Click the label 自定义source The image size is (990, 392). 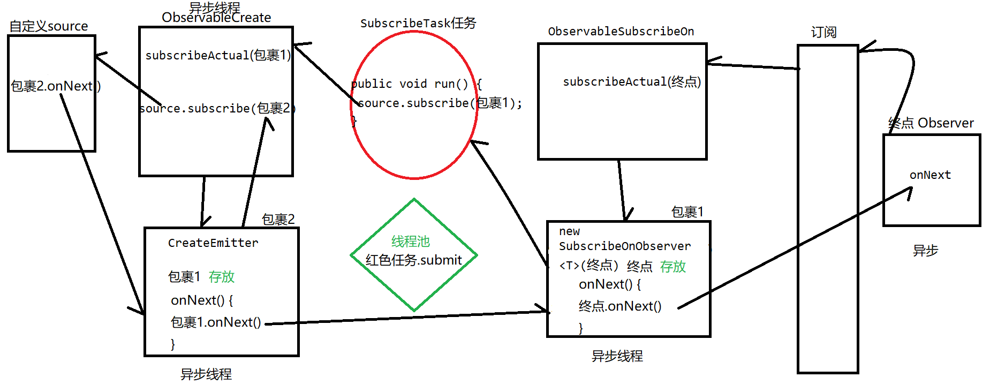pyautogui.click(x=49, y=26)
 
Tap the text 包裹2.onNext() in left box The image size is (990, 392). pyautogui.click(x=56, y=86)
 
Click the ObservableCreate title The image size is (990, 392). pyautogui.click(x=216, y=18)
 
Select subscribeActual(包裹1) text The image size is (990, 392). pyautogui.click(x=218, y=55)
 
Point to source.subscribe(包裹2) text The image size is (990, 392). pyautogui.click(x=217, y=108)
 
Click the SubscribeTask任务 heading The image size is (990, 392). pyautogui.click(x=418, y=23)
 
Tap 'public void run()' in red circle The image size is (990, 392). pyautogui.click(x=410, y=84)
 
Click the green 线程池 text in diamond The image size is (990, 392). pyautogui.click(x=411, y=242)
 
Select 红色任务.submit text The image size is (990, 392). pyautogui.click(x=413, y=260)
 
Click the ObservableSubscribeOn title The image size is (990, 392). pyautogui.click(x=621, y=32)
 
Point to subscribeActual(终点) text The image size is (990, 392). pyautogui.click(x=632, y=81)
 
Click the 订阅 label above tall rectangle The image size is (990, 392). pyautogui.click(x=823, y=32)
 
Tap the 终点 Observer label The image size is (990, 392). pyautogui.click(x=931, y=123)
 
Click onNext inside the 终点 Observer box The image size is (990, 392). pyautogui.click(x=930, y=175)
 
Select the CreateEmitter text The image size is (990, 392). pyautogui.click(x=213, y=243)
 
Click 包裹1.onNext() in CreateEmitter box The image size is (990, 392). pyautogui.click(x=216, y=322)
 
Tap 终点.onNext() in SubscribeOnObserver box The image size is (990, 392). pyautogui.click(x=620, y=306)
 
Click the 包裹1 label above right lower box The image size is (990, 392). pyautogui.click(x=687, y=212)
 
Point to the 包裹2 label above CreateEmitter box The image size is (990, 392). pyautogui.click(x=278, y=219)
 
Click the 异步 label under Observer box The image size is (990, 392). pyautogui.click(x=925, y=251)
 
